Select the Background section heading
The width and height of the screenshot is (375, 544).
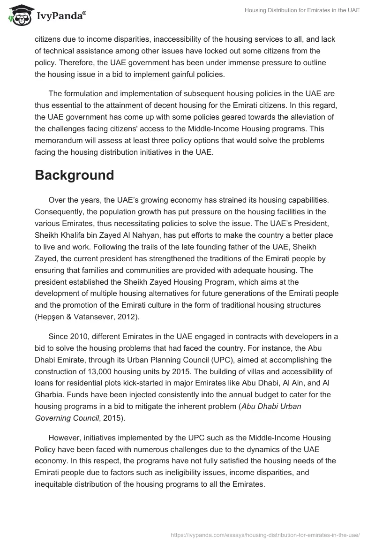click(x=75, y=175)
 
